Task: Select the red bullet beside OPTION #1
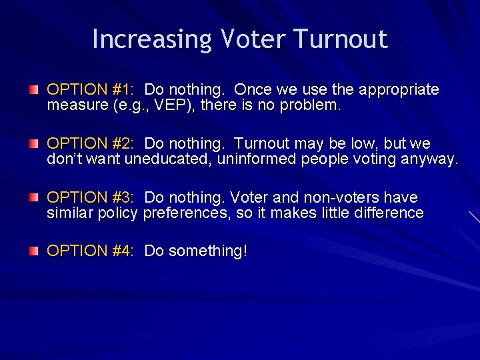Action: click(33, 89)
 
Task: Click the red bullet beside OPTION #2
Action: click(33, 143)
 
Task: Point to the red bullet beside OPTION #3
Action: click(33, 197)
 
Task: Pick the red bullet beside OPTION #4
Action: click(33, 251)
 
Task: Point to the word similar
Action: click(70, 213)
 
